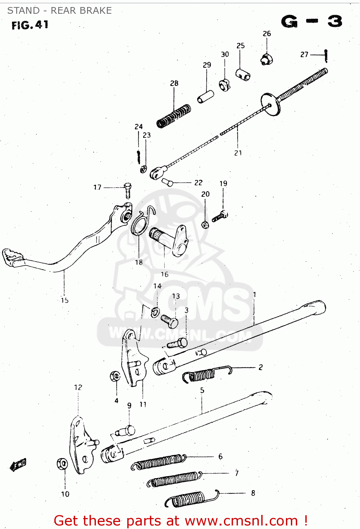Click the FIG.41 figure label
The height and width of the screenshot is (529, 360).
coord(30,25)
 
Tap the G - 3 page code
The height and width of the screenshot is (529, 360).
coord(312,22)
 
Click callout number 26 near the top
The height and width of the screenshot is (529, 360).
coord(267,34)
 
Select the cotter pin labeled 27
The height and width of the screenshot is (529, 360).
coord(326,55)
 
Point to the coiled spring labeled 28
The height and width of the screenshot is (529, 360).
coord(173,116)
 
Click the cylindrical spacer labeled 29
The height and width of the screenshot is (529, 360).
coord(206,97)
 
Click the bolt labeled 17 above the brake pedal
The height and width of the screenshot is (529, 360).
coord(128,191)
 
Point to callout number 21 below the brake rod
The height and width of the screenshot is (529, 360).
coord(238,153)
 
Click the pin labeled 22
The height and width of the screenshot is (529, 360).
coord(167,182)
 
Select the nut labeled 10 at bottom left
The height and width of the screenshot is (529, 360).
coord(62,464)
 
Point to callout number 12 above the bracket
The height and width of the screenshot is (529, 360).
coord(78,387)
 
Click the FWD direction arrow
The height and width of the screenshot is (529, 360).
coord(18,465)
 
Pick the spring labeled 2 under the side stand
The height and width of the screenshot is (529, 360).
coord(205,375)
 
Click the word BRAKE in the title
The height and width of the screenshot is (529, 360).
coord(96,11)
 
